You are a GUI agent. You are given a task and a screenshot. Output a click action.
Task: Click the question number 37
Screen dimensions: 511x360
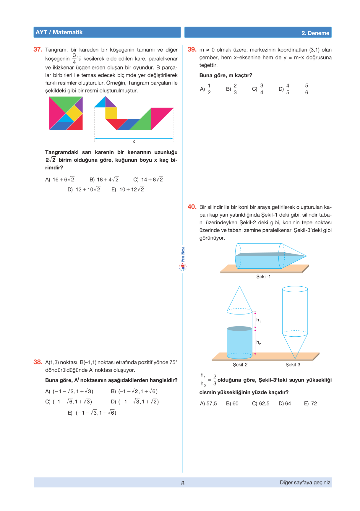38,50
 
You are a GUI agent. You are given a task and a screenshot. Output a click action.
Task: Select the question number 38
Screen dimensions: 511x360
38,362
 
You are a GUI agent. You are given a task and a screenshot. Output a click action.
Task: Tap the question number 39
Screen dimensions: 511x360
192,50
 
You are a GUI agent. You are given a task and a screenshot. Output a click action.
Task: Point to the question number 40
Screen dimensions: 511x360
192,207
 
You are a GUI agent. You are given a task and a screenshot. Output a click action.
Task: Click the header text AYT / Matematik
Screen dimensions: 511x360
59,32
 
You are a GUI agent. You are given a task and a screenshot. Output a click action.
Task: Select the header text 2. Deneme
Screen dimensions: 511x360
315,33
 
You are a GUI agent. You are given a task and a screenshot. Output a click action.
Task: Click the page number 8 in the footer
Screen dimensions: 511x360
183,483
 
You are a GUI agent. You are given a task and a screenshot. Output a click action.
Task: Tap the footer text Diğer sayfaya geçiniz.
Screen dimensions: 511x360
306,483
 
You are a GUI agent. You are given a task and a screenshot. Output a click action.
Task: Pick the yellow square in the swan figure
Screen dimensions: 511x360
111,113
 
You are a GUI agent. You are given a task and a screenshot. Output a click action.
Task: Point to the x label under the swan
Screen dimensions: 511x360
134,142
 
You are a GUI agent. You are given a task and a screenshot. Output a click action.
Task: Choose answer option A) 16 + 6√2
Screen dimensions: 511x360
60,180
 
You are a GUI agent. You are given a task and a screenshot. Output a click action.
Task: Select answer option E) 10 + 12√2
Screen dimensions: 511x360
128,190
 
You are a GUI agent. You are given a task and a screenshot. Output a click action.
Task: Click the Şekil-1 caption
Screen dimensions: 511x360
263,277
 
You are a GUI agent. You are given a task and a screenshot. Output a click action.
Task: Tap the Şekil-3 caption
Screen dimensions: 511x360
293,365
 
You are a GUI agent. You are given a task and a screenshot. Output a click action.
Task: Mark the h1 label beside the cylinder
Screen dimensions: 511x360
258,320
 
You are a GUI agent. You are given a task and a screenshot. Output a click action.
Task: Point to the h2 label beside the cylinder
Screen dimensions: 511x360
258,343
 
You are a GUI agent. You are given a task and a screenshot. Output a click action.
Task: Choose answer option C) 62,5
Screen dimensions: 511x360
261,404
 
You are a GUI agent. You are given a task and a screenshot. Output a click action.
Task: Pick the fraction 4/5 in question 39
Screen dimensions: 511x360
288,89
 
